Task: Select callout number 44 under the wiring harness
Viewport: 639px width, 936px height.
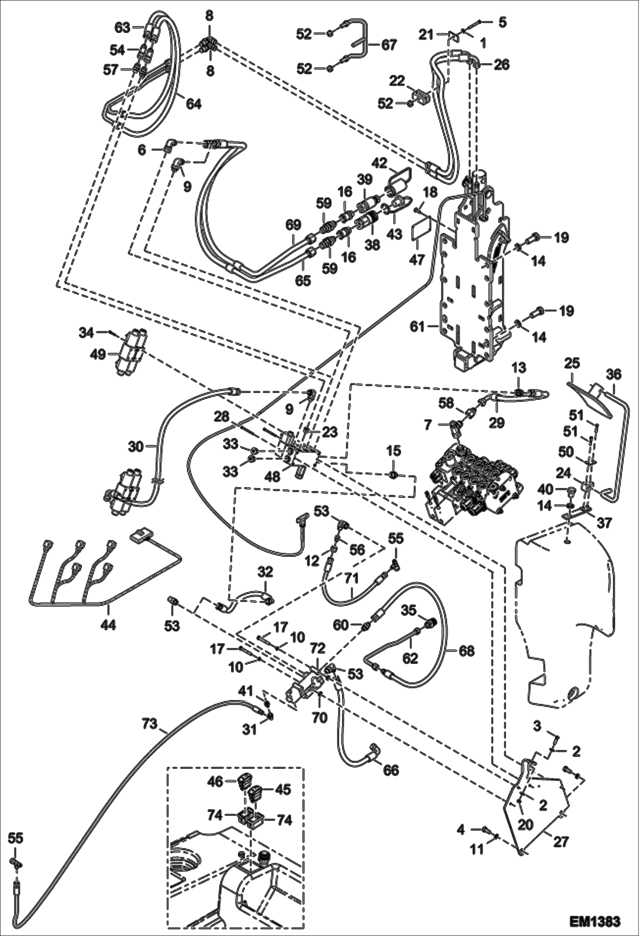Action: coord(108,625)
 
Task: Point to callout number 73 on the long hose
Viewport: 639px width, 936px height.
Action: coord(150,723)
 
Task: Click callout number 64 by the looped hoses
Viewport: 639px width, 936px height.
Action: coord(193,104)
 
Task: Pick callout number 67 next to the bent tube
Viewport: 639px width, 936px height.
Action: coord(389,44)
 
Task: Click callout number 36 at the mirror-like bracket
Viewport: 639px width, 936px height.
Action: coord(614,375)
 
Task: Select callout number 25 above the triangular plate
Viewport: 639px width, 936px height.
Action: coord(572,363)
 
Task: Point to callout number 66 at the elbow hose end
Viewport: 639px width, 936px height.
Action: coord(391,770)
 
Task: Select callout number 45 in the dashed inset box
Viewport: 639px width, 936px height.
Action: coord(282,789)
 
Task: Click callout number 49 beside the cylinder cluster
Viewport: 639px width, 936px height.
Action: coord(98,355)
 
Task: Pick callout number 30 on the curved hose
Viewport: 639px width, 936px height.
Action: coord(136,447)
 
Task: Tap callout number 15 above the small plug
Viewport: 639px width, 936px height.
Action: coord(394,451)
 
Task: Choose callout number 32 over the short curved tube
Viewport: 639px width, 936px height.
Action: coord(265,572)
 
